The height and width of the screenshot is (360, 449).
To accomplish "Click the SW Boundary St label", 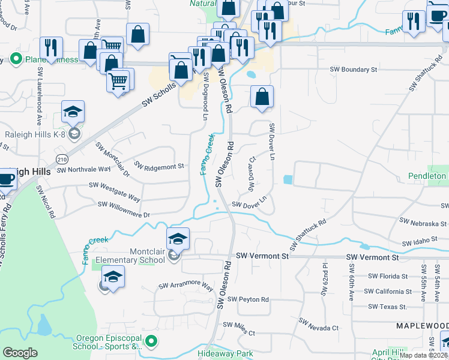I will pos(354,70).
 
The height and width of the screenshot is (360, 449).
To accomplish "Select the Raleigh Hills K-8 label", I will pos(33,134).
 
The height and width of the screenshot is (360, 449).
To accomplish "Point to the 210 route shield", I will pos(62,159).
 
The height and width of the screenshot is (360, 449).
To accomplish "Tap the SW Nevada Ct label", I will pos(316,328).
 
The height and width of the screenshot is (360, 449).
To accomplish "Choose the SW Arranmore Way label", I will pos(186,286).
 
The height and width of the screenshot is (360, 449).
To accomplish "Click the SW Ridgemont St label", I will pos(158,166).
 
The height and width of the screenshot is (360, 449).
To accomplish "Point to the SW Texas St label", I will pos(388,307).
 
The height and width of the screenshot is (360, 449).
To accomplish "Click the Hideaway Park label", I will pos(226,354).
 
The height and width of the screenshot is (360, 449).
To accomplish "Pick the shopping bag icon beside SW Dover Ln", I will pos(262,97).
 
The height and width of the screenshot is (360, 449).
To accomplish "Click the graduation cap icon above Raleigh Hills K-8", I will pos(73,111).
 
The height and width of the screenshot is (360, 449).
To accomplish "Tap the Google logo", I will pos(20,353).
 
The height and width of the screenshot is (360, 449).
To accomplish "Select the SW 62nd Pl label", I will pos(325,280).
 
